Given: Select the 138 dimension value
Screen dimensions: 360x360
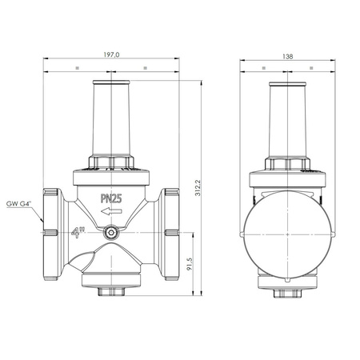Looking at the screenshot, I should [287, 56].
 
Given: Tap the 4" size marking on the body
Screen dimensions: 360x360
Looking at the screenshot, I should [79, 234].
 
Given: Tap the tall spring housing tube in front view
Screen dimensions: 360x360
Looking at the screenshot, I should [108, 120].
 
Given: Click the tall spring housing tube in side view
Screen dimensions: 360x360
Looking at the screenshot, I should [286, 120].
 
